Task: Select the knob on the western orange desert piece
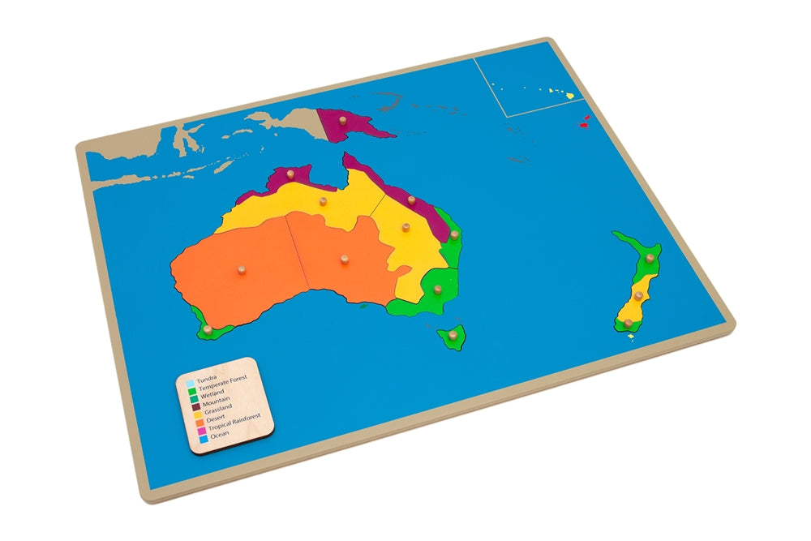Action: [x=241, y=269]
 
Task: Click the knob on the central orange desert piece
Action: [x=344, y=260]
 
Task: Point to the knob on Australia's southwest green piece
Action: [x=208, y=329]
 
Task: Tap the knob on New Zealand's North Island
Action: [x=650, y=258]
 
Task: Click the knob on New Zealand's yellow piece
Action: [x=639, y=296]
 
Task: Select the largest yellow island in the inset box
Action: [x=570, y=96]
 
